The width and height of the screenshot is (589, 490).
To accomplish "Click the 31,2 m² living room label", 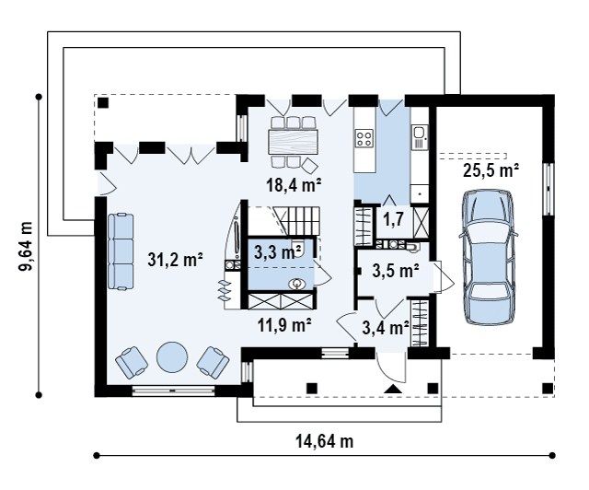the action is point(175,260).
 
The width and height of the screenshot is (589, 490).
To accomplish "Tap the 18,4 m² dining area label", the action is point(294,184).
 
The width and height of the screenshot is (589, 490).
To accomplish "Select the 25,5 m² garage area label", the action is point(491,170).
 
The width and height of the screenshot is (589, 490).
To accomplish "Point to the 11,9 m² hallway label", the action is point(284,324).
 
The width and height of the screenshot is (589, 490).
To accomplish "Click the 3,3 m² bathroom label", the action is point(278,252).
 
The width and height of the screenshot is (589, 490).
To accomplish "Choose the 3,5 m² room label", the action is point(396,271).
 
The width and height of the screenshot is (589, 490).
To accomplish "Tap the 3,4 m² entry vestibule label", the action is point(386,328).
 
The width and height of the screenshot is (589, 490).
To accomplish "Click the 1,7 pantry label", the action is point(393,219).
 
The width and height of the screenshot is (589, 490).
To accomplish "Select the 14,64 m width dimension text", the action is point(325,441).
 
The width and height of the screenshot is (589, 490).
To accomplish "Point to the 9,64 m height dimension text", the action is point(27,246).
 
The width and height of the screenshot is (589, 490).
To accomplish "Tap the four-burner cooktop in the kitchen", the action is point(364,137).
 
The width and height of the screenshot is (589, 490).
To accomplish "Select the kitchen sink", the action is point(419,133).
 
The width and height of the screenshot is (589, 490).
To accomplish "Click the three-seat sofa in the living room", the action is point(121,251).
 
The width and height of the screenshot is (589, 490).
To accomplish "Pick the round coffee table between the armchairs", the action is point(172,356).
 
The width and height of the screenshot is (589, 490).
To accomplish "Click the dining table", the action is point(294,142).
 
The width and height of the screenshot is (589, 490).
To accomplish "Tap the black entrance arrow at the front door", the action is point(393,390).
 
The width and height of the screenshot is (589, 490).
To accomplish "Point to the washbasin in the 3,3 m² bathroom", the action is point(297,284).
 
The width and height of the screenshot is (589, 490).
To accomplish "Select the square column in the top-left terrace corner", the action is point(103,102).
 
